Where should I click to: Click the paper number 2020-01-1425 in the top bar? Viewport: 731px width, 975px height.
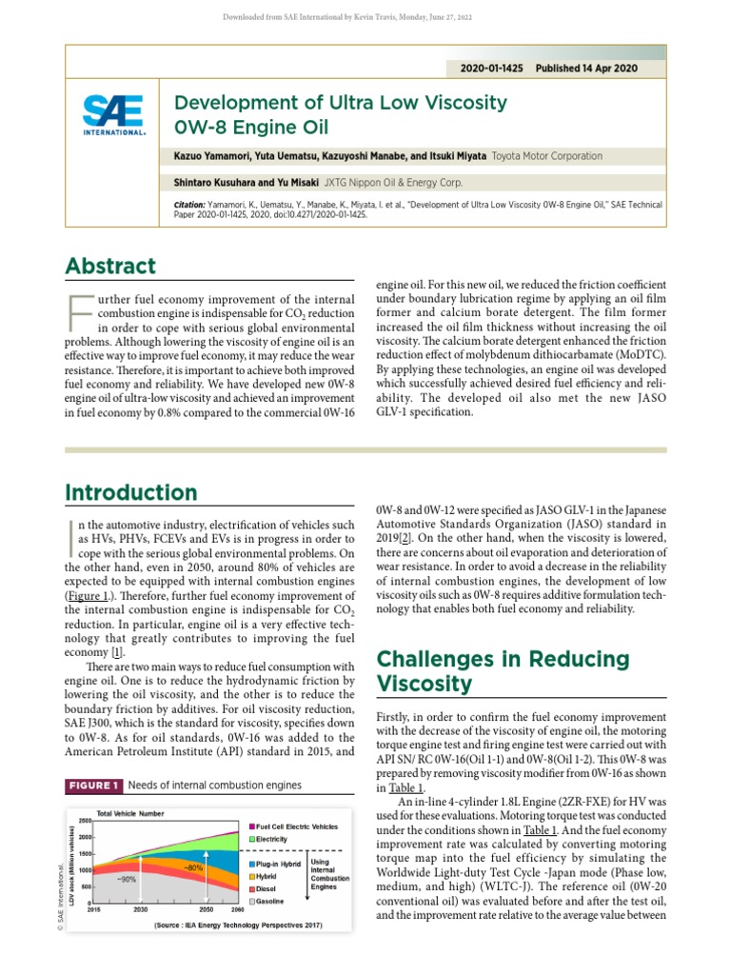pos(490,70)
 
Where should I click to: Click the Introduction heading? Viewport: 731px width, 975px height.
pos(130,492)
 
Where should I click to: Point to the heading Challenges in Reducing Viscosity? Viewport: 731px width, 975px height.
pos(504,671)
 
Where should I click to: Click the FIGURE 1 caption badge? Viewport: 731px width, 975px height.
pos(92,786)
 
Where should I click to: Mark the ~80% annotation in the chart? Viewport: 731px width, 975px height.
pos(193,868)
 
